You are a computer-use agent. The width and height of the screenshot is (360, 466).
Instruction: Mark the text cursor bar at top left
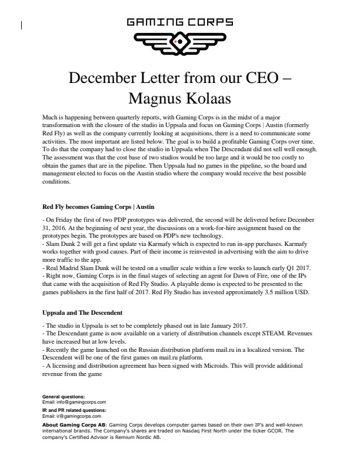point(22,25)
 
